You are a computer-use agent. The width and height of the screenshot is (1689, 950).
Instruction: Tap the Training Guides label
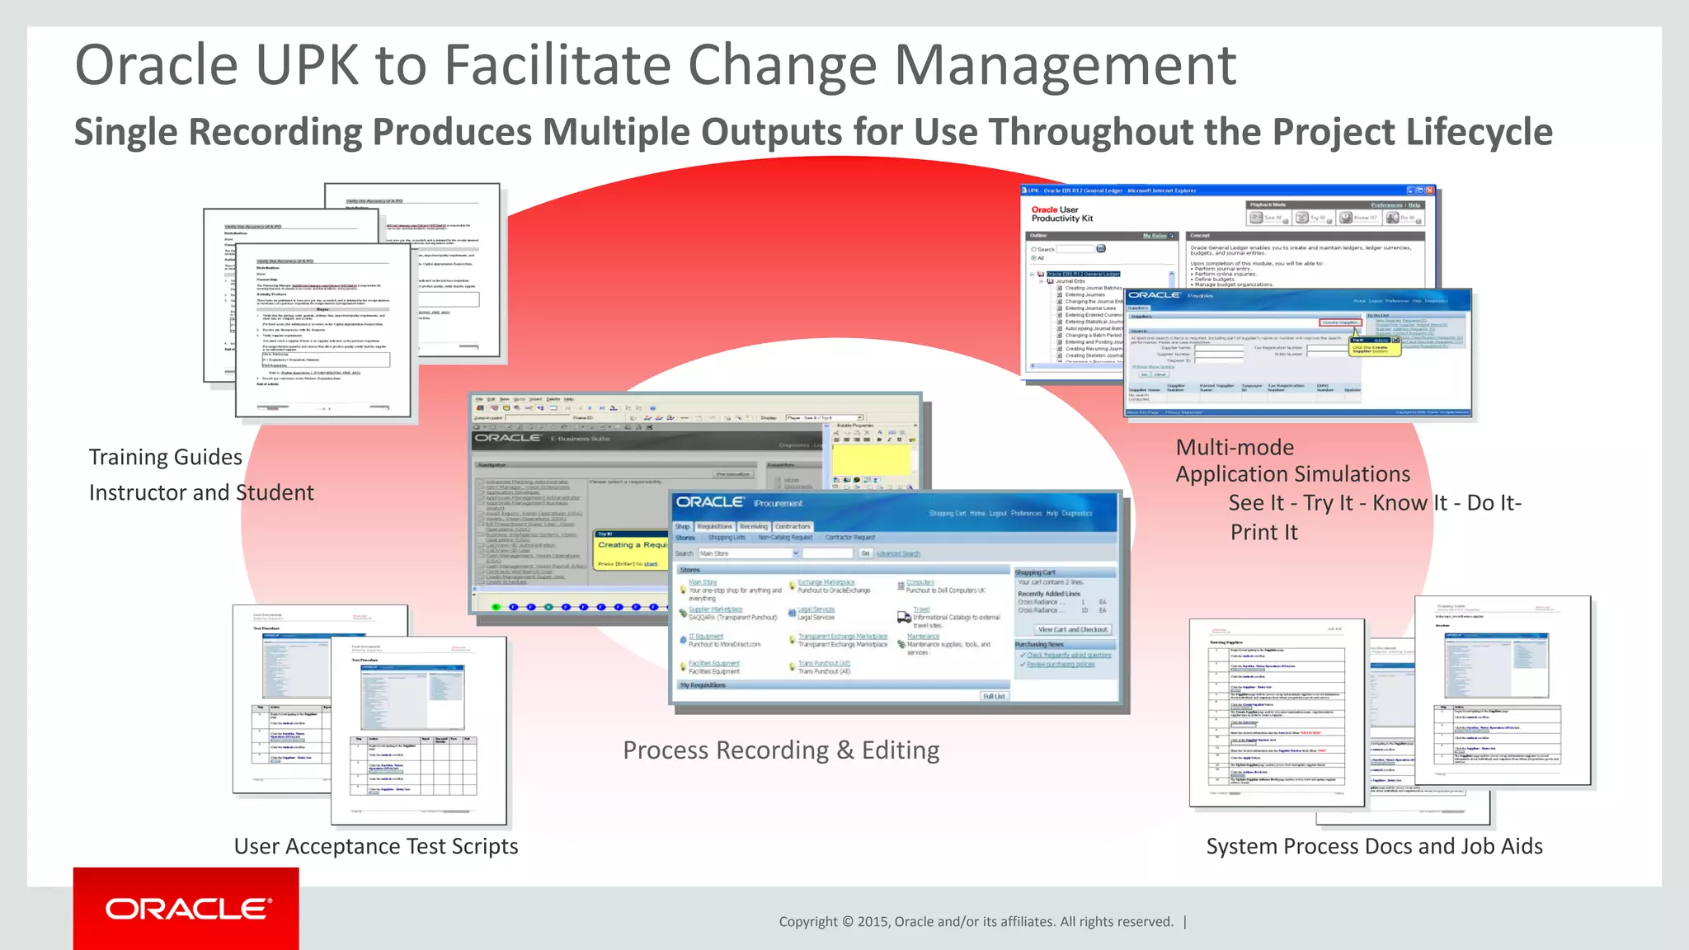[166, 457]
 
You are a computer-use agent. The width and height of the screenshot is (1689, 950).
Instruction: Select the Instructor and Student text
[201, 492]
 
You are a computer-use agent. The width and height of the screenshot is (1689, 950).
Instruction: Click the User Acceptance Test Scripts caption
[376, 846]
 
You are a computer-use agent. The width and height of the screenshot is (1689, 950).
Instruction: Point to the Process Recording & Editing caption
[781, 750]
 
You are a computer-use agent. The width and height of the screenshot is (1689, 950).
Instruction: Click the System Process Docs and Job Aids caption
[1374, 846]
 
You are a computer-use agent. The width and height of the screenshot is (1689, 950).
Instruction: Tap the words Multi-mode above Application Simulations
[1235, 447]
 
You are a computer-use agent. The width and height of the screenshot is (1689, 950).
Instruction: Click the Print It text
[1263, 533]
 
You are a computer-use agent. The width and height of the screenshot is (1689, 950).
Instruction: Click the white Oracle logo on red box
[187, 909]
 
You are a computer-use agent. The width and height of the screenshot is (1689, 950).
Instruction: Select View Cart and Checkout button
[1073, 629]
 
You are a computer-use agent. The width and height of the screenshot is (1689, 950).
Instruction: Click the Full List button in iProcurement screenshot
[994, 696]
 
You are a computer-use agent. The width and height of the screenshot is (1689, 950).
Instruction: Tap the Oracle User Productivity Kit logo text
[1061, 214]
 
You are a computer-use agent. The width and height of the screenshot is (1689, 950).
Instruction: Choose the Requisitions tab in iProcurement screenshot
[714, 526]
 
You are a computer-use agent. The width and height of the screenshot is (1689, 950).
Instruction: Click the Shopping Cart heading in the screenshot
[1035, 572]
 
